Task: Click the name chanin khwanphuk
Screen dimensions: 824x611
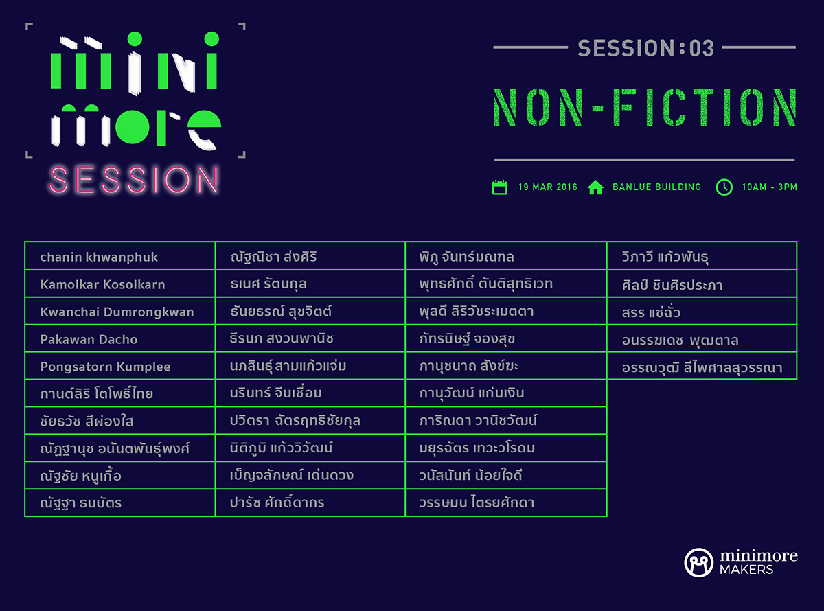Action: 99,257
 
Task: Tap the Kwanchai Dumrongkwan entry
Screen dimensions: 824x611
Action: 117,312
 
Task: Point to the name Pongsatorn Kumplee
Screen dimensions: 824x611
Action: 105,367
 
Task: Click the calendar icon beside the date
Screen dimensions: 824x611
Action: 500,187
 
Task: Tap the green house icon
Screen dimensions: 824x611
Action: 595,187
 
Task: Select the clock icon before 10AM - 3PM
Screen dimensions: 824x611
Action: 724,187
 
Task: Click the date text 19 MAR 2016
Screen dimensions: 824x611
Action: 548,187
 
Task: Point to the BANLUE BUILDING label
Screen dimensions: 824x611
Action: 657,187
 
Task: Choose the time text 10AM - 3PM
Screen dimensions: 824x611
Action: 769,187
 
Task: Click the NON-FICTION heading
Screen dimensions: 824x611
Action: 645,107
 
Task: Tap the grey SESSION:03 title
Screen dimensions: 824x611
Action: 645,48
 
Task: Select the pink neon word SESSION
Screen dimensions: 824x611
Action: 134,180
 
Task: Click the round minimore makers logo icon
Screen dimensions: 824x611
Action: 699,562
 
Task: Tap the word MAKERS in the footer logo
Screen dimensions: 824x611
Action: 746,570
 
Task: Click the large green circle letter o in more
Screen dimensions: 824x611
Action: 133,127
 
